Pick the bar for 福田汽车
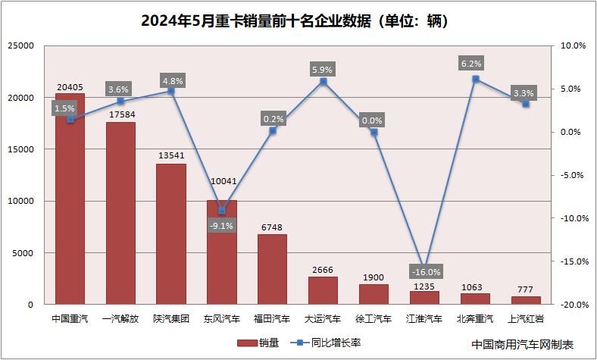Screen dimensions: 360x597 [272, 269]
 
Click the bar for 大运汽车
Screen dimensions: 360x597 [323, 290]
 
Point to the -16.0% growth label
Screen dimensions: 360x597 [424, 271]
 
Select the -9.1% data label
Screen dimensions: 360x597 [222, 225]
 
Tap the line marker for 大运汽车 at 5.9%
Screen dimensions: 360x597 [323, 81]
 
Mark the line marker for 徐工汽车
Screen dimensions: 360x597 [374, 132]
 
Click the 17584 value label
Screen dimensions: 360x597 [120, 114]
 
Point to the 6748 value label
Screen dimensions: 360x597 [272, 225]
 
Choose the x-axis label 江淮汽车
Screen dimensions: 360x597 [424, 319]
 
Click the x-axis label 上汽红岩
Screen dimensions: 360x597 [526, 319]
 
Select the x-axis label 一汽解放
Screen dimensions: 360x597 [120, 319]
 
